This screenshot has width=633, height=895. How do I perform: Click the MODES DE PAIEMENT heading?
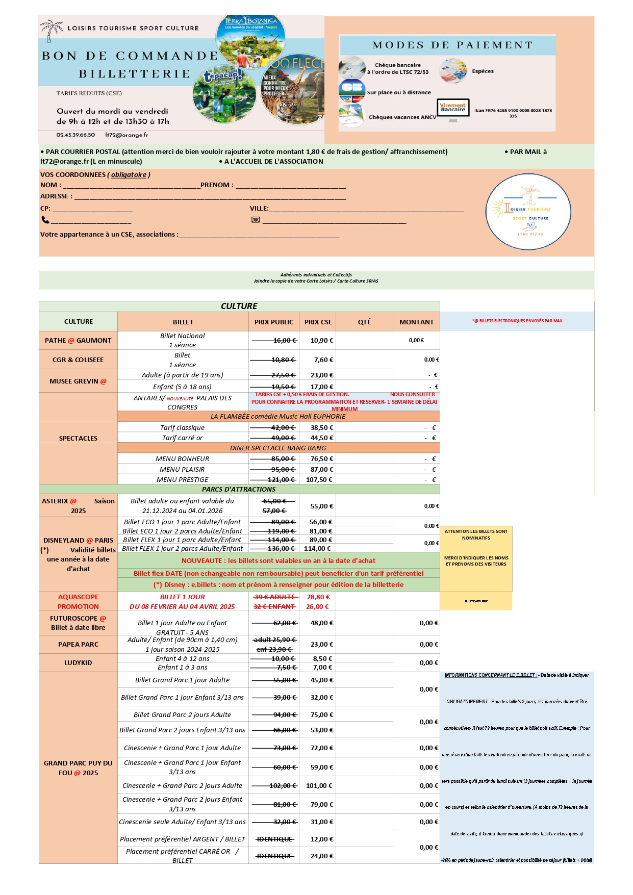[452, 45]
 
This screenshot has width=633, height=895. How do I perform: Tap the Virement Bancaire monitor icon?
[453, 110]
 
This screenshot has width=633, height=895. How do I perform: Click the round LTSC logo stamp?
[528, 212]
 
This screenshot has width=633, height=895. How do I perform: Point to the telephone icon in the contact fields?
[45, 220]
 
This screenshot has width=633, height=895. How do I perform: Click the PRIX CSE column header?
[318, 322]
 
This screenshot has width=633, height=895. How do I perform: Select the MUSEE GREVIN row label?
[78, 381]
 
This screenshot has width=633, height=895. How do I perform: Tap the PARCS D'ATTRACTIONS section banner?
[239, 489]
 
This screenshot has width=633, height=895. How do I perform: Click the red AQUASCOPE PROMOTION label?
[78, 601]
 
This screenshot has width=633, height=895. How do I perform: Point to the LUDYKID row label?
[78, 662]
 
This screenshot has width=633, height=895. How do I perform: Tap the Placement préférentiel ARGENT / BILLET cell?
[183, 839]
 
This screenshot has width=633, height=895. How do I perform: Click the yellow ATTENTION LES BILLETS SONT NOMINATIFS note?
[476, 534]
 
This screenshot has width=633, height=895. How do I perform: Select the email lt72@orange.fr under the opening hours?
[126, 135]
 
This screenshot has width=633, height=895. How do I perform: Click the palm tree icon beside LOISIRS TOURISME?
[51, 30]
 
